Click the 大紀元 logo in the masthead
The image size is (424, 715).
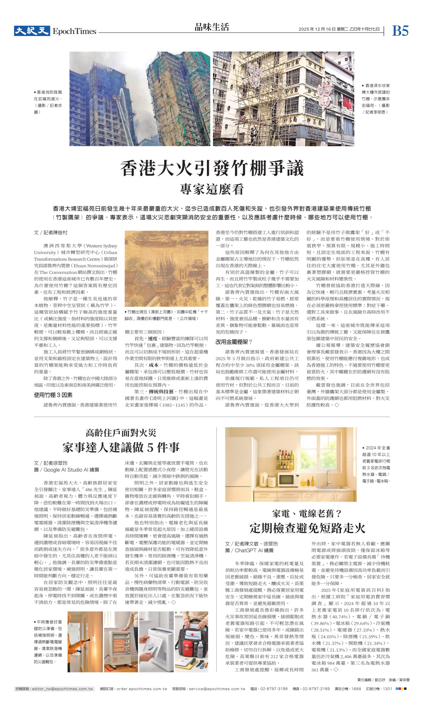click(32, 31)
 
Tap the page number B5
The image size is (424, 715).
click(400, 31)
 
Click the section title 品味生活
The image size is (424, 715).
click(212, 27)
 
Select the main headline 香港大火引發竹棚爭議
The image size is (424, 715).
click(212, 169)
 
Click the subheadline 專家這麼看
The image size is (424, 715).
click(212, 189)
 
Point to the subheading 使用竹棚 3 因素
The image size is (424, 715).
click(53, 395)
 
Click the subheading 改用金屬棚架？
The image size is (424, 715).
click(234, 342)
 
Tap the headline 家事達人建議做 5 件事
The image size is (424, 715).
click(121, 447)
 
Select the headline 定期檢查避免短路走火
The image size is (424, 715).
click(307, 528)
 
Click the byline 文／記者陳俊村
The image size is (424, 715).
click(51, 233)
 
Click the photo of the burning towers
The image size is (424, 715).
click(140, 98)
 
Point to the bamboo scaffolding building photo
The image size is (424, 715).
click(283, 98)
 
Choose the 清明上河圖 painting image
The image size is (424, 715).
click(166, 268)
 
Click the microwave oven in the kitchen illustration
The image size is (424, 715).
click(289, 480)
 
